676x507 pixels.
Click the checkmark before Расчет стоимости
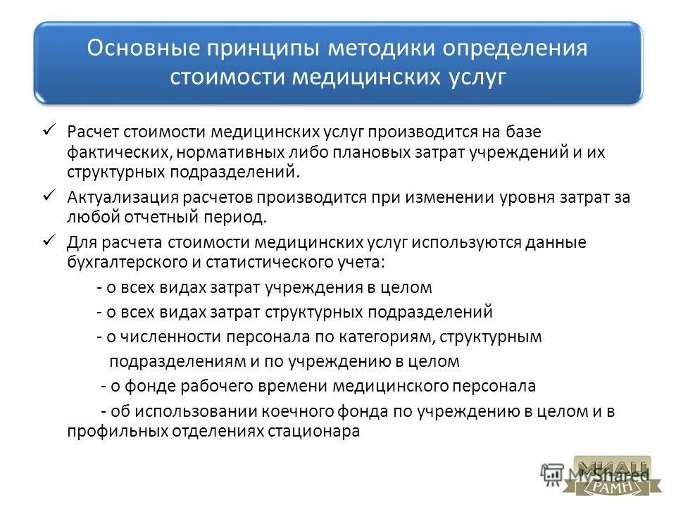50,130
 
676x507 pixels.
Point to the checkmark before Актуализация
50,195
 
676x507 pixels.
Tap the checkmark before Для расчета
50,240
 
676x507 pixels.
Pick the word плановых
332,153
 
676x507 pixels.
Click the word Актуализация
118,198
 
